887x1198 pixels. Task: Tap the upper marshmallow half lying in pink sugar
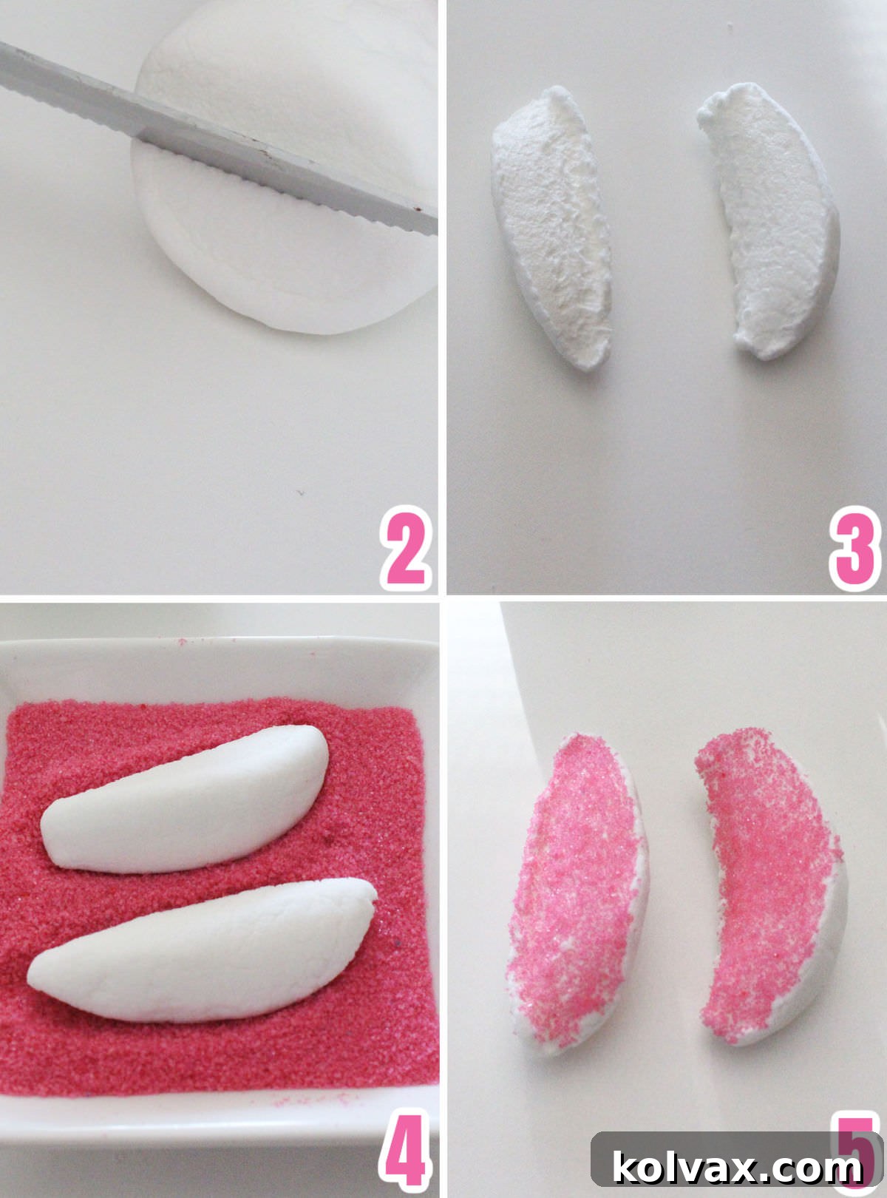click(185, 799)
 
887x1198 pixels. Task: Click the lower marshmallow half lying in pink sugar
click(200, 950)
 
